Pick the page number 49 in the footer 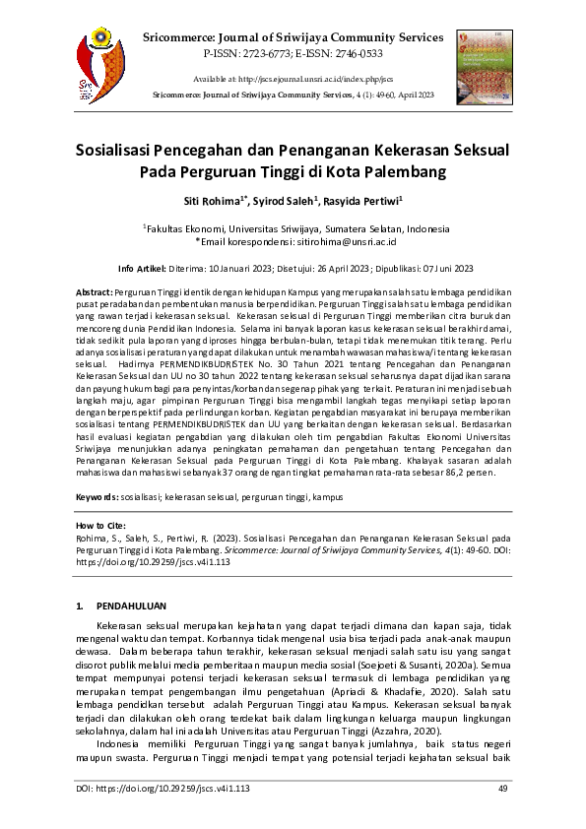tap(502, 790)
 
